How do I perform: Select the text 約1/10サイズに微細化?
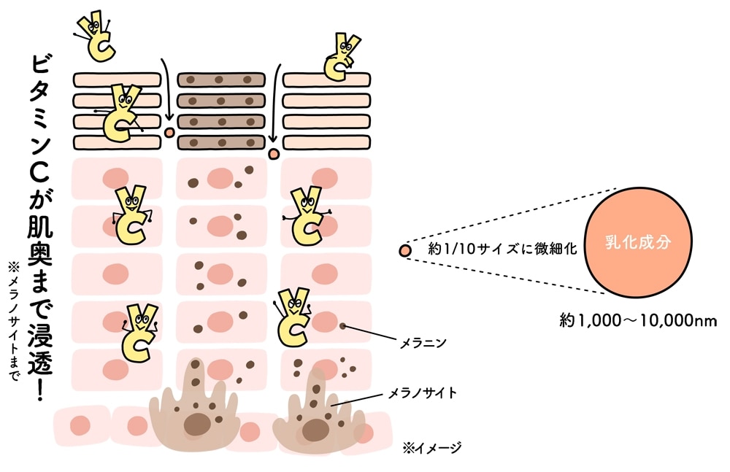[503, 249]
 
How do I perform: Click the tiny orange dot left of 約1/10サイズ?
[404, 251]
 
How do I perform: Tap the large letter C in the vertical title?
[40, 174]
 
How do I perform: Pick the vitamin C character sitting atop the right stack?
[340, 55]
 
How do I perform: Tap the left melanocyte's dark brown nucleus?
[196, 423]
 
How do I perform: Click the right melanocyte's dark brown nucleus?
[315, 430]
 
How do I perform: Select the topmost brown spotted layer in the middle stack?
[220, 79]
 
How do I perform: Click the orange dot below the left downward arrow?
[169, 134]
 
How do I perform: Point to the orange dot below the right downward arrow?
[274, 154]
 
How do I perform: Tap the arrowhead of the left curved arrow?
[169, 118]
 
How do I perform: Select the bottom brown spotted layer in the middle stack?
[220, 142]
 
